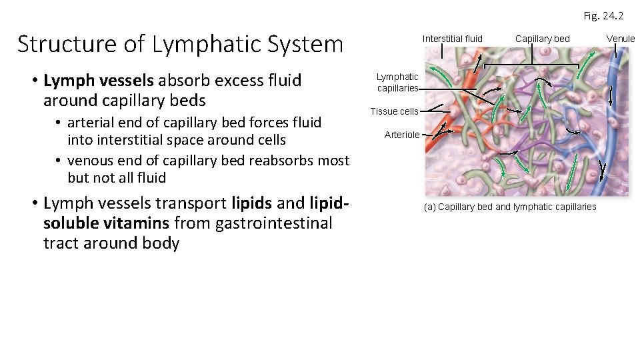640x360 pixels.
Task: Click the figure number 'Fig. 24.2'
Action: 603,15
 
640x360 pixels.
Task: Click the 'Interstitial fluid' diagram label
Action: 452,39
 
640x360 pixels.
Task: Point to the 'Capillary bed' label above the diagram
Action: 542,39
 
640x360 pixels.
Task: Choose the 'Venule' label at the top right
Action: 620,39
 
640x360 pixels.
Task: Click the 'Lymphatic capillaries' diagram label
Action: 397,83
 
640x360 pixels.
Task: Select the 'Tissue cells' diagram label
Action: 394,111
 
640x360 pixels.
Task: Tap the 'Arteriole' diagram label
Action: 402,135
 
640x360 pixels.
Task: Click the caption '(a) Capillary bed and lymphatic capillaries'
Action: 510,207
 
